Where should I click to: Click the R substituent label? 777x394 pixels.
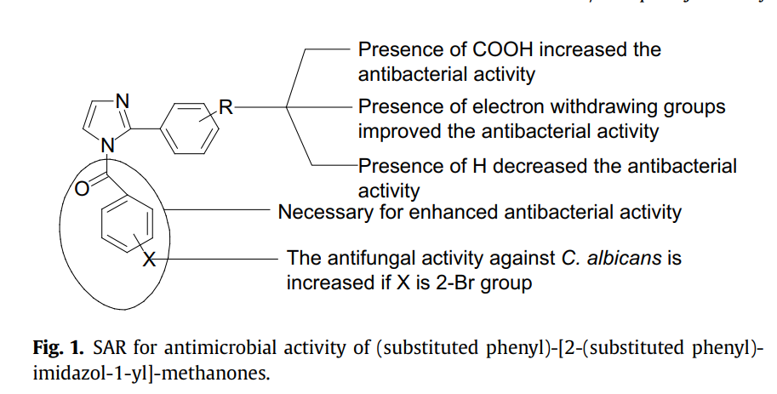226,107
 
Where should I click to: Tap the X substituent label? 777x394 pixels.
147,258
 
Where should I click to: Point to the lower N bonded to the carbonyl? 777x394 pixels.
108,146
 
